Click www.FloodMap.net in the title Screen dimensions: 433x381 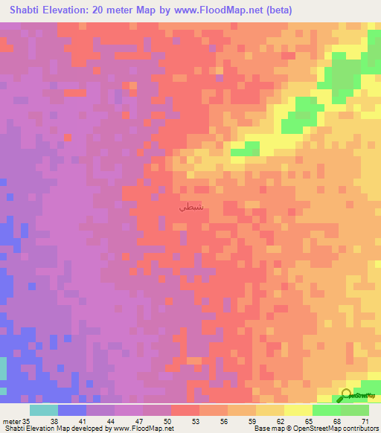click(x=222, y=10)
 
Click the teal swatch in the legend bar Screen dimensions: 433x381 click(x=44, y=410)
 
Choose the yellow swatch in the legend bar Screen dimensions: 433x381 click(x=270, y=410)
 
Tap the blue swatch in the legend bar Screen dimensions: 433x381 click(x=72, y=410)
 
